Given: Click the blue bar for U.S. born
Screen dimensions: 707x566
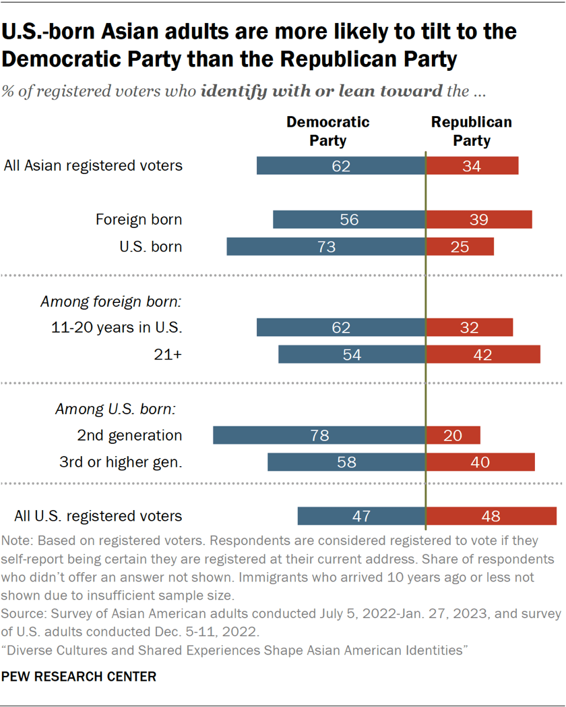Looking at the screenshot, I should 326,246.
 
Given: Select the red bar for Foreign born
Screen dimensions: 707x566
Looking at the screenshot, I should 479,219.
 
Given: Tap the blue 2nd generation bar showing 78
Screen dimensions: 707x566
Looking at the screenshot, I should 319,435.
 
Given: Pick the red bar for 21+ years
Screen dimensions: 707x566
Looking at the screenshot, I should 483,354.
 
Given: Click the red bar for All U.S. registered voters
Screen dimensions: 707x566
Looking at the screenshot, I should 491,516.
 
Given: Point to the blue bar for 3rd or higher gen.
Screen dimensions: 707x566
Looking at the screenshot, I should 346,462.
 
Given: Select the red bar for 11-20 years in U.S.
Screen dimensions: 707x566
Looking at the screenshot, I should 470,327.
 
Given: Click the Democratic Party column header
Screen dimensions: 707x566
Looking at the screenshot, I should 328,132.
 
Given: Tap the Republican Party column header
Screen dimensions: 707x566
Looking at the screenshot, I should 472,132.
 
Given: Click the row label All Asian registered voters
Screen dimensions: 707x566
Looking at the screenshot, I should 93,165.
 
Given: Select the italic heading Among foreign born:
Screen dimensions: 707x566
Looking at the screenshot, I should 111,302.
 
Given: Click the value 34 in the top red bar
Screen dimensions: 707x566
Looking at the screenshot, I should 472,166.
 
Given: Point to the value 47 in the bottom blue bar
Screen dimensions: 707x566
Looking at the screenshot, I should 361,516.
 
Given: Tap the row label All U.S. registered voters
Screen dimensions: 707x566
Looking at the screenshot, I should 98,516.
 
